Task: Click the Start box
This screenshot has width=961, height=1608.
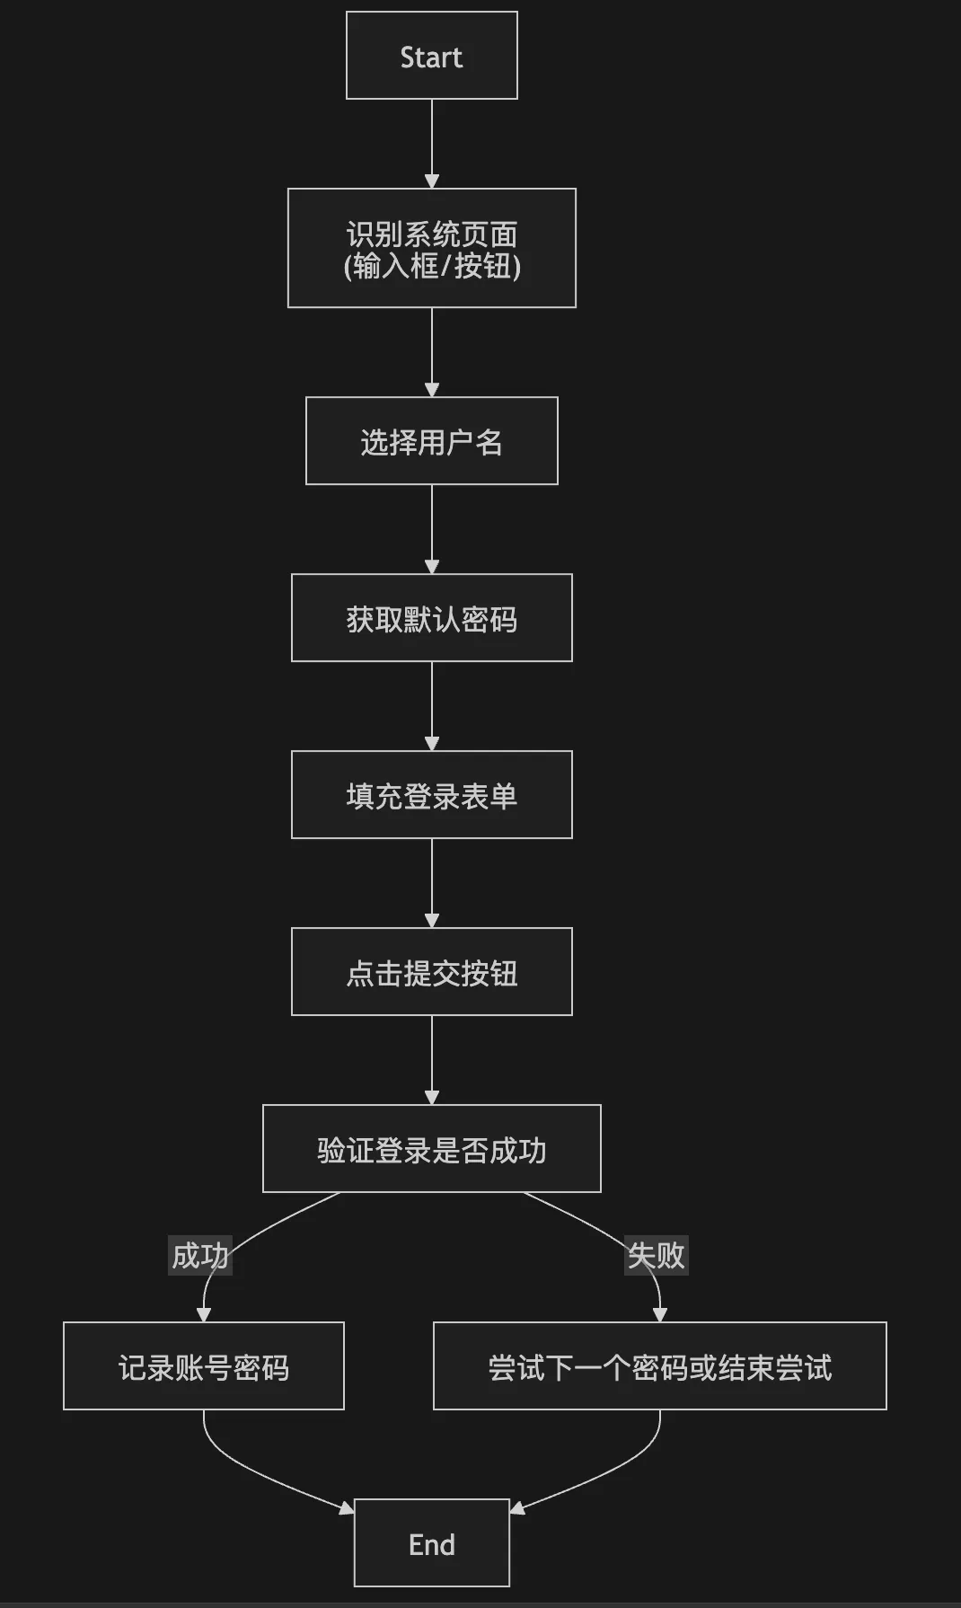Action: click(x=431, y=56)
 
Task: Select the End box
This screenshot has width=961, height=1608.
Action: click(x=431, y=1542)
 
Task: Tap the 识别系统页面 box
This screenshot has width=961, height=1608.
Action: click(x=431, y=248)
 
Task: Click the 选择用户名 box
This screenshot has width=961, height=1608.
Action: click(x=431, y=441)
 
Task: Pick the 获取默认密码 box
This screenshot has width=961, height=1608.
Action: click(x=431, y=618)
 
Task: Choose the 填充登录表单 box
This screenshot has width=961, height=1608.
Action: click(x=431, y=795)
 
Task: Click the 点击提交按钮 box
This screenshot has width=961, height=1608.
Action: click(x=431, y=972)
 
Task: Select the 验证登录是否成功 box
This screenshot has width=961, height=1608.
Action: click(x=431, y=1149)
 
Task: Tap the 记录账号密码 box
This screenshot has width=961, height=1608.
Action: click(x=203, y=1365)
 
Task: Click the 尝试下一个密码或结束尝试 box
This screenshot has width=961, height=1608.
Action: click(x=659, y=1365)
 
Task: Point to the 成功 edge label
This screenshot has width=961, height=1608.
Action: click(x=200, y=1255)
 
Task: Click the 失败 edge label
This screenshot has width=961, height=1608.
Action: click(x=656, y=1255)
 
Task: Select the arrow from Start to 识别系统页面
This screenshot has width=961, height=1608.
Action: click(x=431, y=144)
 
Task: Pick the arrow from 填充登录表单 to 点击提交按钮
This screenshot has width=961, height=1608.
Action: click(x=431, y=882)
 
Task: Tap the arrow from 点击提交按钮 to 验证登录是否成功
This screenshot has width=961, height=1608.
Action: click(x=431, y=1060)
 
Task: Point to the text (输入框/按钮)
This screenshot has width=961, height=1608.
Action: click(x=431, y=266)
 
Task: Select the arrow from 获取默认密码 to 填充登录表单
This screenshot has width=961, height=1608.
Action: click(x=431, y=705)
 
